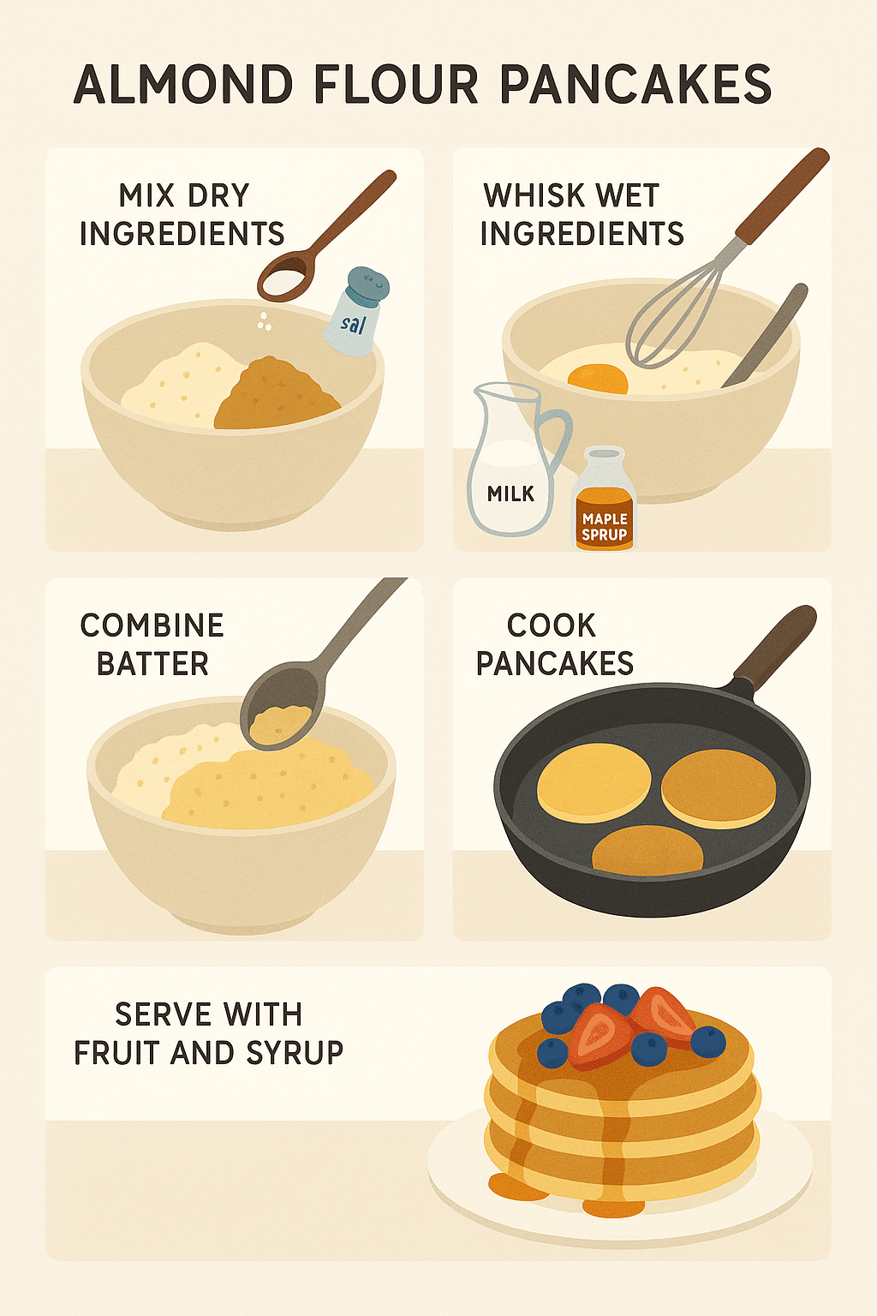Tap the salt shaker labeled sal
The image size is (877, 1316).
(356, 312)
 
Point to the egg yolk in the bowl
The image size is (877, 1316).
(597, 378)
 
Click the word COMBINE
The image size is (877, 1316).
(152, 625)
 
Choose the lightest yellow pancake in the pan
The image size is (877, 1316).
(594, 782)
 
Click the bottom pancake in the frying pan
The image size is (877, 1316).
(647, 852)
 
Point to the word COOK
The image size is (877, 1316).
(551, 625)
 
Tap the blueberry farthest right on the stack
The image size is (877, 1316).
(708, 1041)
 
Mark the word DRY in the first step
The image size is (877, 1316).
(218, 195)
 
